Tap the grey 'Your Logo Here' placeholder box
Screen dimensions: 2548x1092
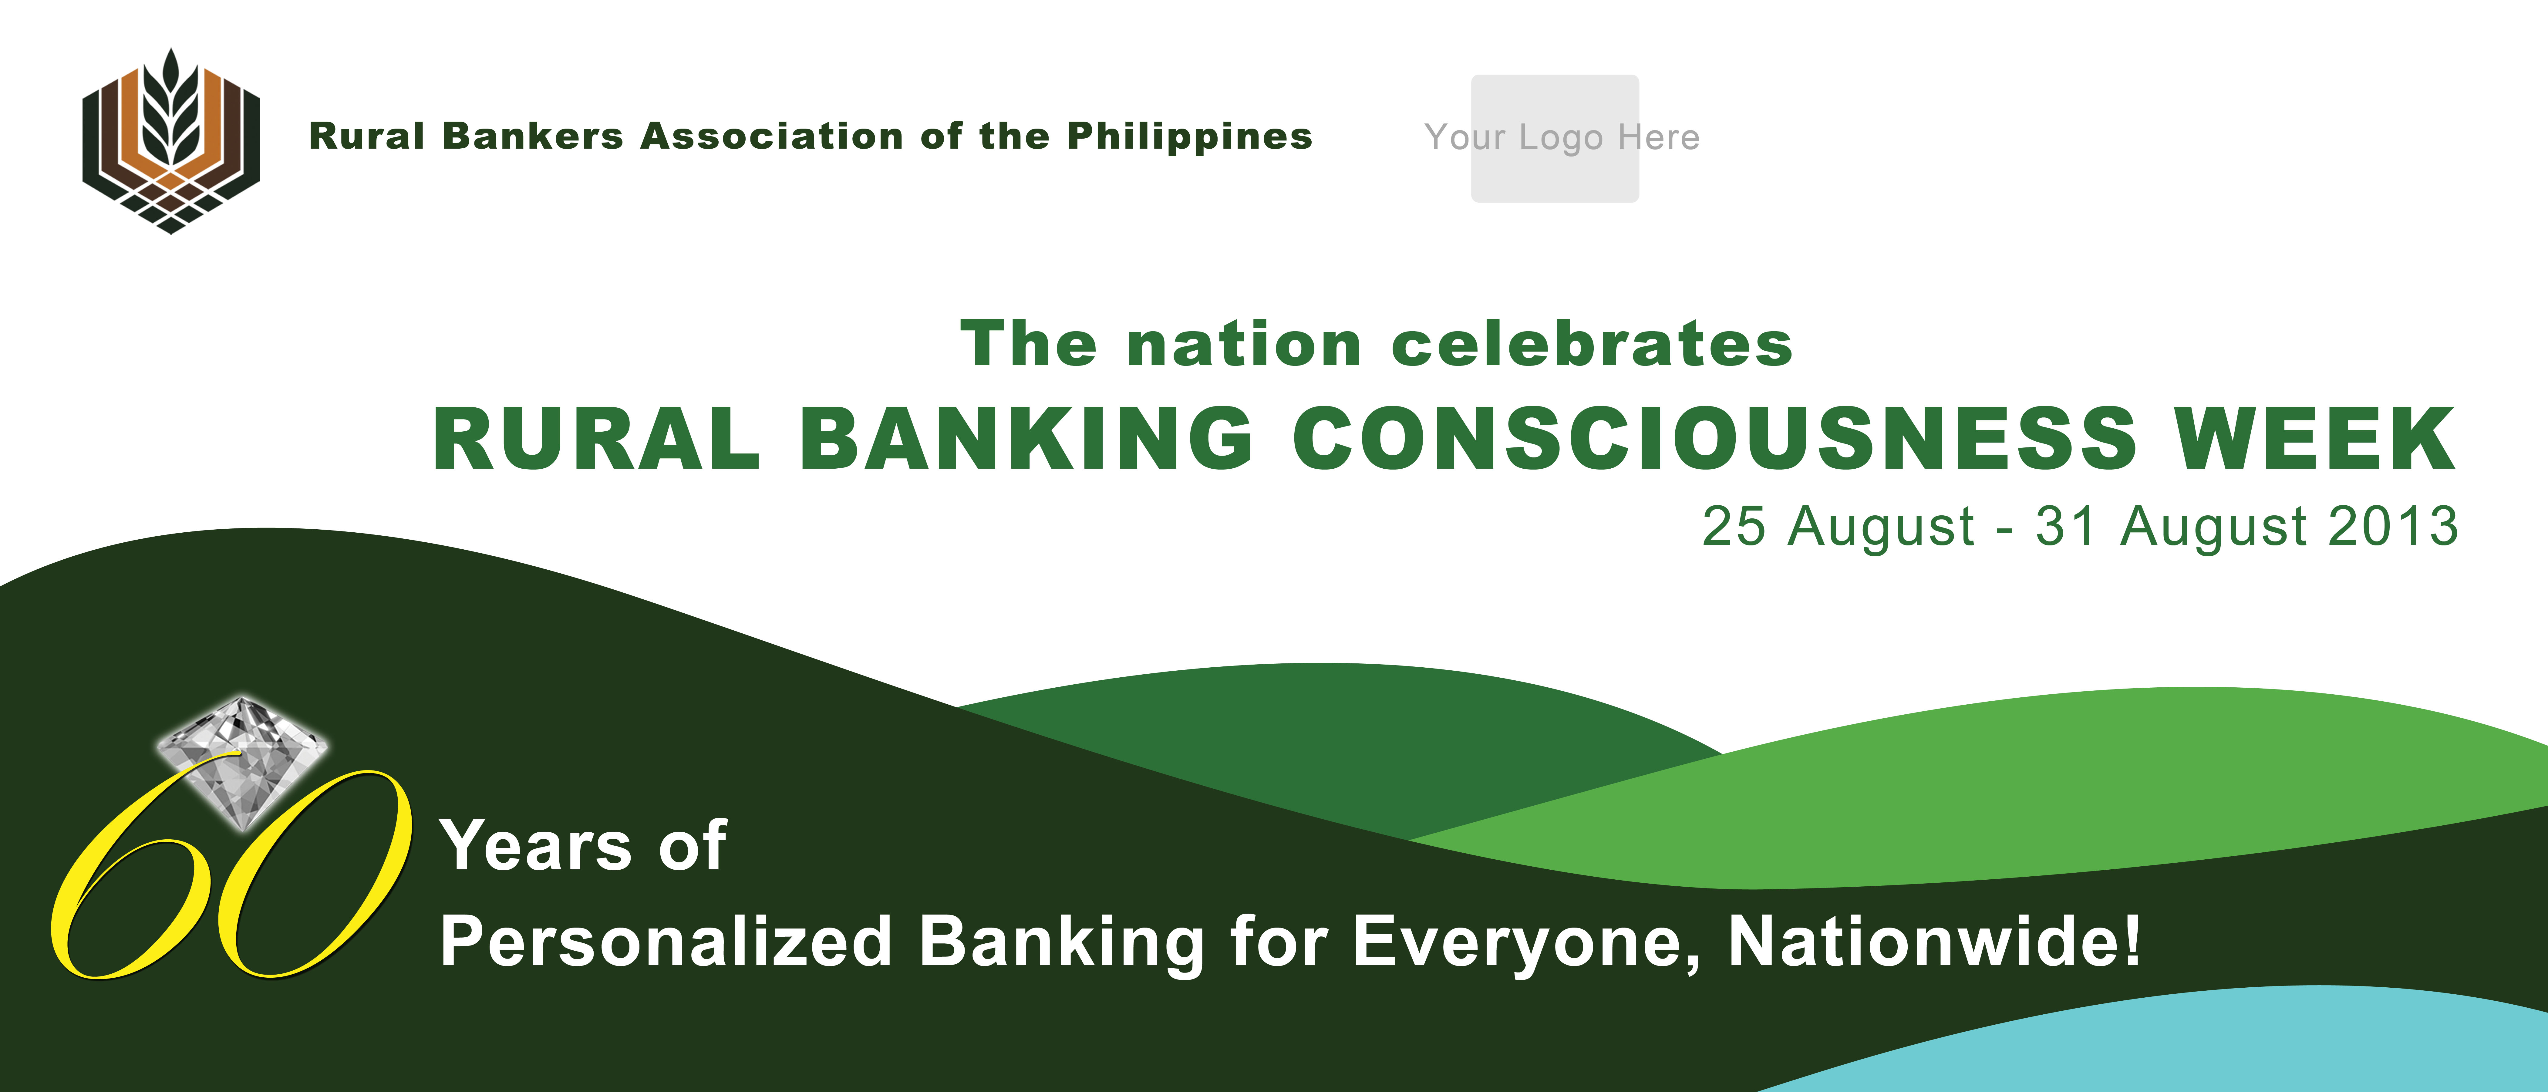pos(1555,139)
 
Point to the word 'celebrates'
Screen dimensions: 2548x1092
pos(1592,344)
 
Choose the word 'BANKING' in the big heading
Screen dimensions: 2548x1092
pos(1027,438)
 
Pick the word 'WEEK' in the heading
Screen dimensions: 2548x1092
pos(2314,438)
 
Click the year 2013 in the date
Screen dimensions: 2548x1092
pos(2394,526)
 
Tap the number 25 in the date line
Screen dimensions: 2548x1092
pos(1733,526)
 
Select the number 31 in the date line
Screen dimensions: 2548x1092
pos(2065,526)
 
